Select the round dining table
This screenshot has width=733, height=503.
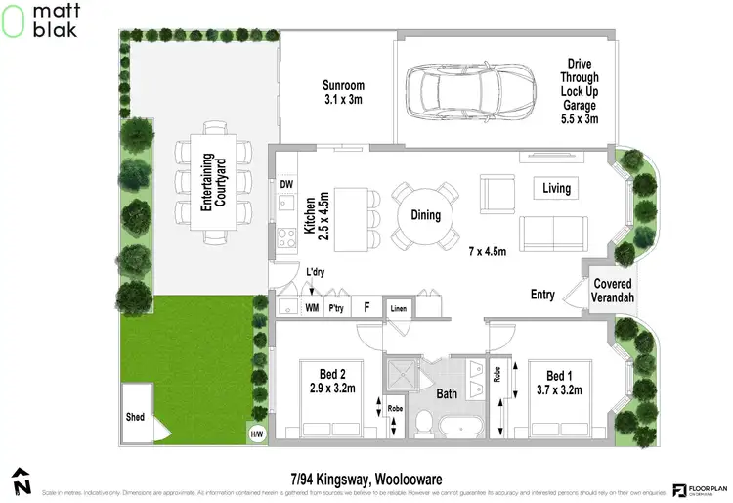click(426, 215)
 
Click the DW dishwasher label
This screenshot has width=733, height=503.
click(286, 184)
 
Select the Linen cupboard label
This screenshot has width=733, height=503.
click(397, 309)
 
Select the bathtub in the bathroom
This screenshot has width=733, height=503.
click(462, 427)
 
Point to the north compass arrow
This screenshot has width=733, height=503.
click(20, 481)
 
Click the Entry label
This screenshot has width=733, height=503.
click(542, 295)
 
